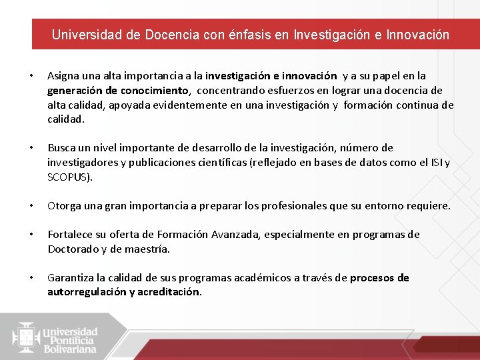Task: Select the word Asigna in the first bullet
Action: click(63, 77)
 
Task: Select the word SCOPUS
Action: click(69, 177)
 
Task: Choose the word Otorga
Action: click(64, 206)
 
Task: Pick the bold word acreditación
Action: click(168, 292)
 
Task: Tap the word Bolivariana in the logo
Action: click(70, 349)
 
